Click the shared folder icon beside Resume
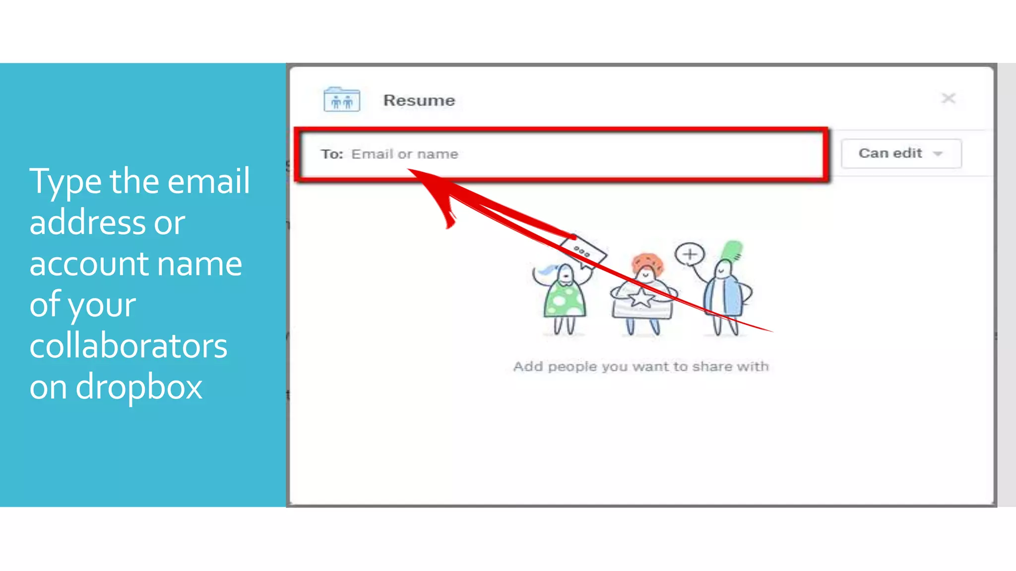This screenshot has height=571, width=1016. pyautogui.click(x=341, y=100)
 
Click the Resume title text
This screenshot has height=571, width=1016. pyautogui.click(x=419, y=101)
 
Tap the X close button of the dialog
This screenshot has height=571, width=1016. pyautogui.click(x=948, y=98)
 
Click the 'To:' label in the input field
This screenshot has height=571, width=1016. pyautogui.click(x=331, y=154)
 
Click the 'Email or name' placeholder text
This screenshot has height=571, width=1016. pyautogui.click(x=404, y=154)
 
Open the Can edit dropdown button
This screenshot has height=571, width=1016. pyautogui.click(x=900, y=154)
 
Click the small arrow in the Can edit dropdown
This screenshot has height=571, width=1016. pyautogui.click(x=937, y=154)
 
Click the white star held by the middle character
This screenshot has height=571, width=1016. pyautogui.click(x=641, y=298)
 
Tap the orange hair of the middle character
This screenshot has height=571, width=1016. pyautogui.click(x=647, y=262)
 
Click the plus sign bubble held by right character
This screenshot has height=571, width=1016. pyautogui.click(x=690, y=254)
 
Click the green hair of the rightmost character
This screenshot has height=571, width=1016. pyautogui.click(x=732, y=249)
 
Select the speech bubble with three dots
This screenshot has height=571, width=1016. pyautogui.click(x=582, y=252)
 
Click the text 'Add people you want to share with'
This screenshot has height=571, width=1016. pyautogui.click(x=640, y=367)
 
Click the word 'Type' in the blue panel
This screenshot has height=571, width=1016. pyautogui.click(x=65, y=182)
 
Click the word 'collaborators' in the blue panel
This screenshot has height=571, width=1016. pyautogui.click(x=128, y=345)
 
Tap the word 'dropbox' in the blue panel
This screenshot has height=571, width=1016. pyautogui.click(x=138, y=387)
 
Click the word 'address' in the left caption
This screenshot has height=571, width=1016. pyautogui.click(x=87, y=223)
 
